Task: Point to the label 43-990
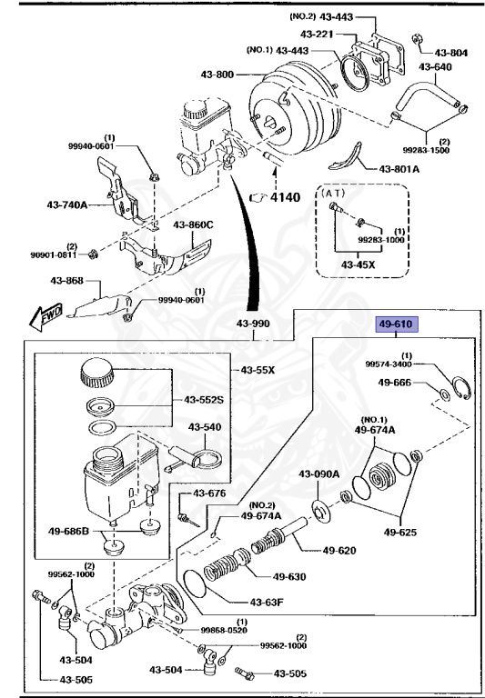[x=253, y=324]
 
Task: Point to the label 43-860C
[x=194, y=224]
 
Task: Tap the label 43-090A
[x=318, y=474]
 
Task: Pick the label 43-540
[x=205, y=426]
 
